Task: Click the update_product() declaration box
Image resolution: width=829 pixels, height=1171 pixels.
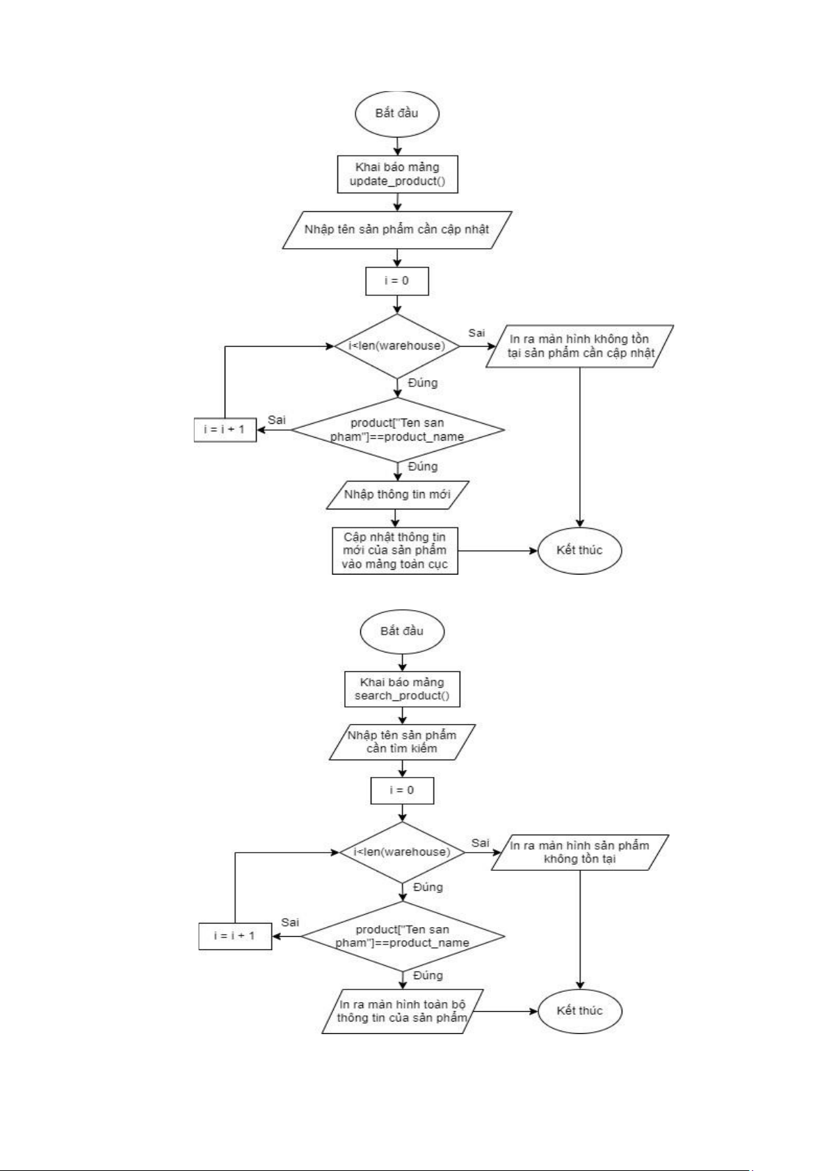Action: (397, 174)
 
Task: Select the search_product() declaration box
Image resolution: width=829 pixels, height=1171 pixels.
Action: (402, 689)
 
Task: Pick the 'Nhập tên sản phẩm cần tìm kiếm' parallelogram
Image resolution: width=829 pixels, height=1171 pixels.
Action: (402, 742)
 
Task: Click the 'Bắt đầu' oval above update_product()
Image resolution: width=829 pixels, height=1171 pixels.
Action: (397, 113)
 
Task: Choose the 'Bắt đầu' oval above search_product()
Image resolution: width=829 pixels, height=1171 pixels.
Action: (402, 631)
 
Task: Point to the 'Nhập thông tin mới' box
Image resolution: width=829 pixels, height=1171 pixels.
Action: (397, 495)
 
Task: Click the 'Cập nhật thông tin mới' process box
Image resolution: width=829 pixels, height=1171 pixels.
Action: (395, 550)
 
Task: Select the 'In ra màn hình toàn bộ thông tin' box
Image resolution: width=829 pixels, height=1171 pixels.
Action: (402, 1011)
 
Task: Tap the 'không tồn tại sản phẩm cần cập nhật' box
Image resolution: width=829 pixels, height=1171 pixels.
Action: (580, 346)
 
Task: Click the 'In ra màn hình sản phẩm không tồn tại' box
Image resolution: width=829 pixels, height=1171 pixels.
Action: (580, 852)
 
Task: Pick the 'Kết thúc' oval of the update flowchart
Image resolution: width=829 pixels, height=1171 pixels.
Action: (579, 550)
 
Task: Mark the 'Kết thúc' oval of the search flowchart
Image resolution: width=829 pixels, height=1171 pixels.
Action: (579, 1010)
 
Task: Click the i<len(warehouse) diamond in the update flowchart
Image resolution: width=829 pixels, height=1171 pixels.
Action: (397, 345)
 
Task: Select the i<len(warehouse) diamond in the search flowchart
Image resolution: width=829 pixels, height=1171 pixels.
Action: (402, 852)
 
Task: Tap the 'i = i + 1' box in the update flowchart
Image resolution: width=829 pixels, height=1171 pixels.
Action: (225, 429)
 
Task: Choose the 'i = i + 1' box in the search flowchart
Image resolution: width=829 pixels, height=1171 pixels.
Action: (235, 935)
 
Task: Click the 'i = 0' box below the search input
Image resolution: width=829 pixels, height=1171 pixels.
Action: (402, 790)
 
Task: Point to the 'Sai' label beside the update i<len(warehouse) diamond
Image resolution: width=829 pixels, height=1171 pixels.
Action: (476, 333)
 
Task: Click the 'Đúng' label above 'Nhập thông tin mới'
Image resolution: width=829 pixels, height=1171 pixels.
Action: (423, 466)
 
